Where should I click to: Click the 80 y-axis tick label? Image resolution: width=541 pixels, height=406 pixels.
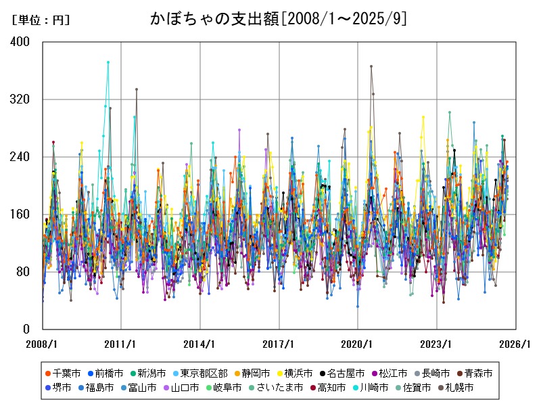pos(24,272)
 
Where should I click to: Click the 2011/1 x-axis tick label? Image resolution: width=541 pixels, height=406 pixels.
pos(121,344)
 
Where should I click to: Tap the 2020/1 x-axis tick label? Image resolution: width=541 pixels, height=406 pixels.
pos(358,344)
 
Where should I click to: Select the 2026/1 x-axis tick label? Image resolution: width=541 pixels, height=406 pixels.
pos(515,344)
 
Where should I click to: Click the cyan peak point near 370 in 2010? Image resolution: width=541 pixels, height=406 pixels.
pos(108,62)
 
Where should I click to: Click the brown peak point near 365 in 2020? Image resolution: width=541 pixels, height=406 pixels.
pos(371,66)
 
